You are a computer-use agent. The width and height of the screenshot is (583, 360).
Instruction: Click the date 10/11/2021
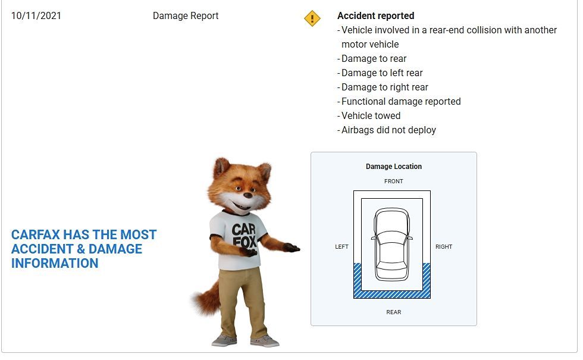(x=36, y=15)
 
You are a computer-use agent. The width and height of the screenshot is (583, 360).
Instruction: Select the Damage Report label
(x=186, y=15)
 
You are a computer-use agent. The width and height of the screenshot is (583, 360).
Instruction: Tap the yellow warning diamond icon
(x=312, y=18)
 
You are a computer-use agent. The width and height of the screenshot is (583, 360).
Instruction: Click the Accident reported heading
(x=375, y=15)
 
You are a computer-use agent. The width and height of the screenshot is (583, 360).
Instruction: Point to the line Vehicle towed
(x=371, y=115)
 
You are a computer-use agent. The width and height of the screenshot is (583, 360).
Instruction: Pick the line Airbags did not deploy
(x=388, y=130)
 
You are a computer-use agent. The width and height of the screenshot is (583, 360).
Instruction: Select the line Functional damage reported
(x=401, y=101)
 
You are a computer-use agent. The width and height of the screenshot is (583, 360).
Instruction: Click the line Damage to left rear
(x=382, y=73)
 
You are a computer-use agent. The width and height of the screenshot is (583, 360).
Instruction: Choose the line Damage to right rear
(x=385, y=87)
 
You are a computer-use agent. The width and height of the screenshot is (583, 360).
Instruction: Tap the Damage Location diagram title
(x=394, y=166)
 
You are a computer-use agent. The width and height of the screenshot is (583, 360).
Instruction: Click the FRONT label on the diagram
(x=394, y=181)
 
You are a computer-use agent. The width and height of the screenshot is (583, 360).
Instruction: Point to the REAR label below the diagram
(x=394, y=312)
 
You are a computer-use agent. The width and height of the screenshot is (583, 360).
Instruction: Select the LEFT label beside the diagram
(x=341, y=246)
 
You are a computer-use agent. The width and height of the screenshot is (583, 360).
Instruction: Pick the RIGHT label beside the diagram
(x=444, y=246)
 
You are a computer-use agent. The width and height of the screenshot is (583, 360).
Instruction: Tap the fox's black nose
(x=247, y=195)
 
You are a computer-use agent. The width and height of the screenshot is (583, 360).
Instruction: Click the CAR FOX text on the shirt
(x=244, y=236)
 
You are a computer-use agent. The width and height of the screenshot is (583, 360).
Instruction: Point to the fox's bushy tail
(x=206, y=298)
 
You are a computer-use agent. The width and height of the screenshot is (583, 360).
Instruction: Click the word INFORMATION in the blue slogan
(x=55, y=263)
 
